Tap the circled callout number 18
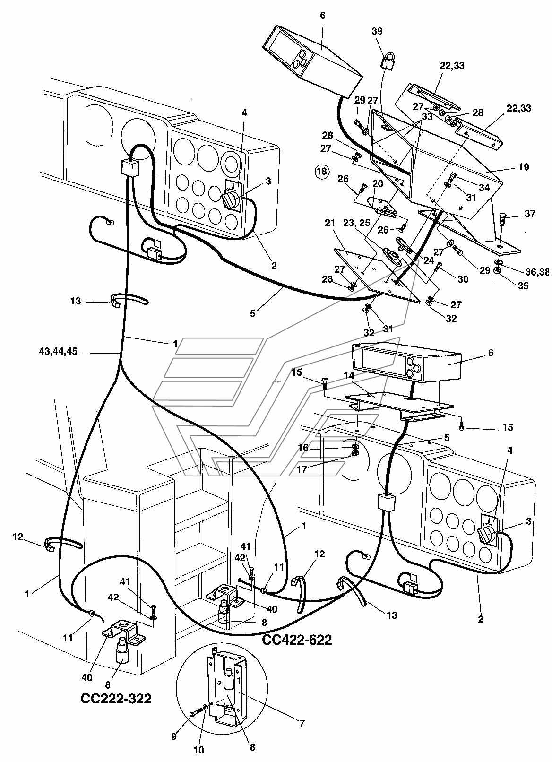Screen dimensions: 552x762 322,171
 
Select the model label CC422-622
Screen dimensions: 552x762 297,640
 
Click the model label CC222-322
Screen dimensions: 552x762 116,698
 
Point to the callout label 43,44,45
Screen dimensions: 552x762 58,351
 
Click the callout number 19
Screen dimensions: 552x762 524,167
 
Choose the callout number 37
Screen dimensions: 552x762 530,213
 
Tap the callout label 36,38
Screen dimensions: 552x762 538,272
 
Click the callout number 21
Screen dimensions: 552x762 329,223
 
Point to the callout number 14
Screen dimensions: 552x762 349,376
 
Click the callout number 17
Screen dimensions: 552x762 302,469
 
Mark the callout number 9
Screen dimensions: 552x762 174,736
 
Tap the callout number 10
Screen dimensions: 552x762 198,749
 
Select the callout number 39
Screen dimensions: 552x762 377,31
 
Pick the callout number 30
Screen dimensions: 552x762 463,279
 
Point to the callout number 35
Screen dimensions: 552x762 523,286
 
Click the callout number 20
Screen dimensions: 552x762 378,184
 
